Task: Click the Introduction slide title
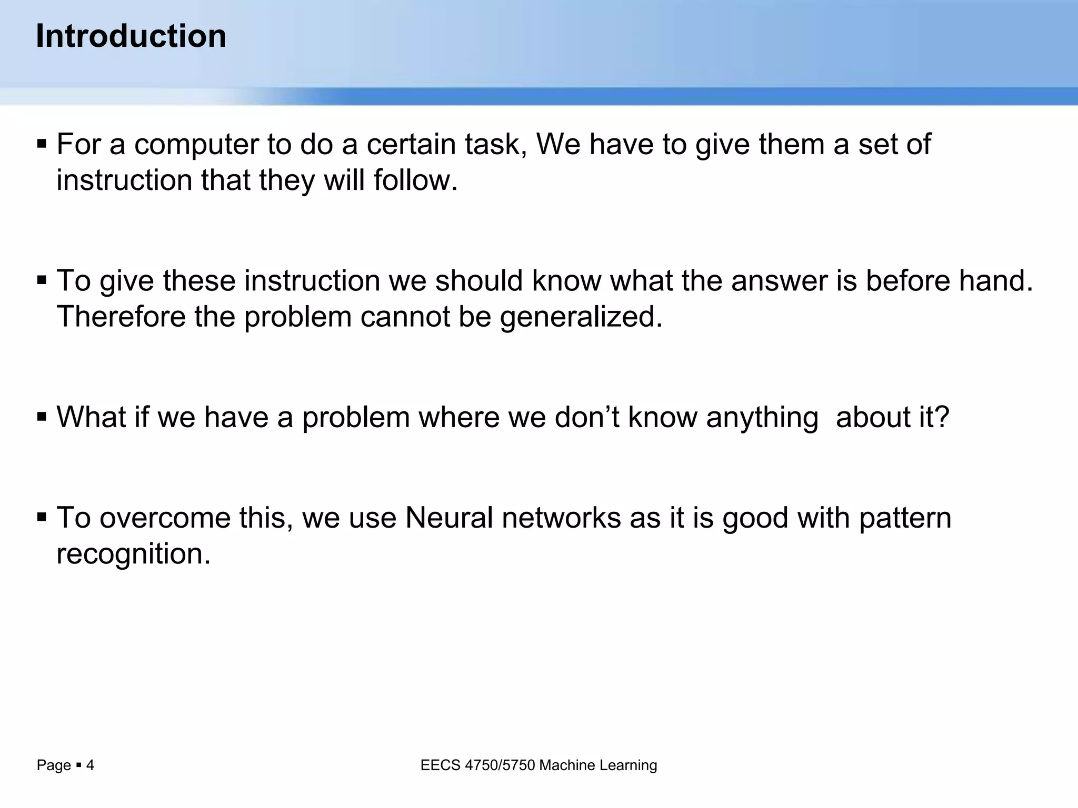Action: coord(131,36)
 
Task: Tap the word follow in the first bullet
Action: coord(415,180)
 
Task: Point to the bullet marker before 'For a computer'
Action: coord(42,144)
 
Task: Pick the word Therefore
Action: coord(121,317)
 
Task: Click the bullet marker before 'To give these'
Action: coord(42,280)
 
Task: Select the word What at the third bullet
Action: coord(91,417)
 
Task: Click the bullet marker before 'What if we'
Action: coord(42,417)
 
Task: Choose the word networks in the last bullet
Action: coord(561,518)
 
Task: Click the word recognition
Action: coord(133,554)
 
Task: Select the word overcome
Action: coord(165,518)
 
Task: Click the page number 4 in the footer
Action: coord(90,765)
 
